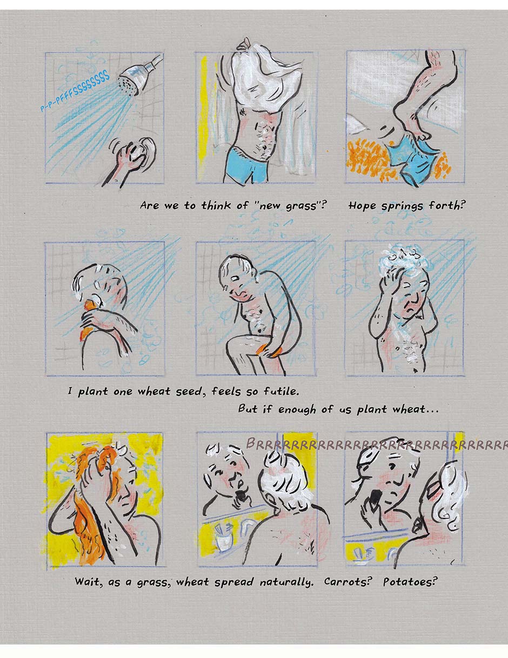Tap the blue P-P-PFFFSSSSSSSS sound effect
[75, 91]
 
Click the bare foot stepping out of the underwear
[409, 121]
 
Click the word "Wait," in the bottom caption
[88, 582]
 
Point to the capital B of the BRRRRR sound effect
[251, 443]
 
